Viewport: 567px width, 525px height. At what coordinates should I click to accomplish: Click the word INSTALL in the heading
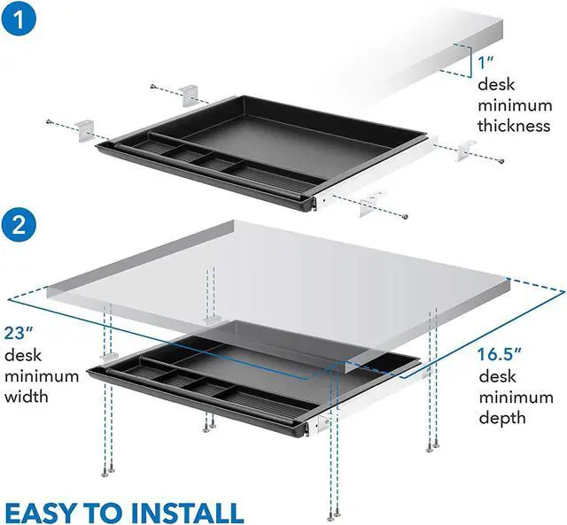click(192, 511)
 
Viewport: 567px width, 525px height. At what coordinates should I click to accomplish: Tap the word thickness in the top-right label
click(513, 126)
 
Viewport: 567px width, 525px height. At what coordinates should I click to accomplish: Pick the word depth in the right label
click(501, 417)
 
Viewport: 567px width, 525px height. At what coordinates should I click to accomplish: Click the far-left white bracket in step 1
click(84, 128)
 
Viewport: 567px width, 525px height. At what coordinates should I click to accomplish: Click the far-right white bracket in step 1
click(462, 153)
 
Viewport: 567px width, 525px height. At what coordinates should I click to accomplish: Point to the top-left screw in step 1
click(153, 86)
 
